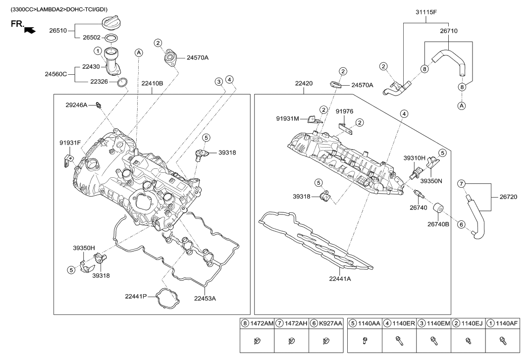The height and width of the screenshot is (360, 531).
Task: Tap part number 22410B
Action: pos(152,83)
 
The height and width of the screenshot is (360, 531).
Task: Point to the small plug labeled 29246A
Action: pos(99,104)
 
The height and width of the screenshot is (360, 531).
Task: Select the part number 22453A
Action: pos(205,298)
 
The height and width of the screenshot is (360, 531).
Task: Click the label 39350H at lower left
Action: pos(84,247)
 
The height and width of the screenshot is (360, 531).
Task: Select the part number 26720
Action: pos(505,197)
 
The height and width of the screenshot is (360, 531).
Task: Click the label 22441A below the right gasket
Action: pos(340,279)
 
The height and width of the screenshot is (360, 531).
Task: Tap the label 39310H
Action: pos(415,158)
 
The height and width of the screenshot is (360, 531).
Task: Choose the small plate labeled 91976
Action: pos(346,128)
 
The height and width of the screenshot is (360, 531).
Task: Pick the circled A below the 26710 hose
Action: pos(462,105)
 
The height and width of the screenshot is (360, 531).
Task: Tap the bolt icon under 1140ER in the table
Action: pos(399,340)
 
